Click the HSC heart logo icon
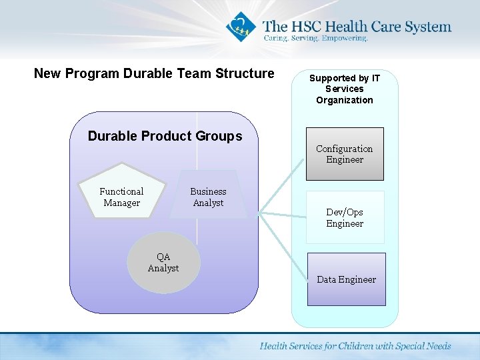239,27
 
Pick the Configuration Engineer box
345,154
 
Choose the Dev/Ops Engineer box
345,217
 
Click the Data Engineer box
346,279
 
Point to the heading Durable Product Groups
165,136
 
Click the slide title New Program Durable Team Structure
154,73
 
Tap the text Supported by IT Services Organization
345,89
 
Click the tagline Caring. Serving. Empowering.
315,39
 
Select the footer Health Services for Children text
355,346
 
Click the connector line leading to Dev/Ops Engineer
283,215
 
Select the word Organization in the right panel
345,100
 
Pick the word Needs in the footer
437,346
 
